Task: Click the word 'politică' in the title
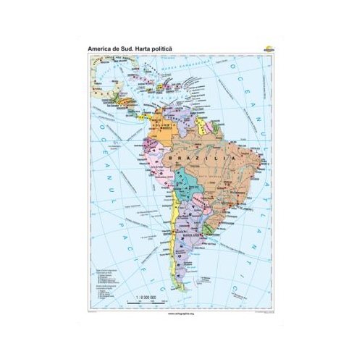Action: coord(161,49)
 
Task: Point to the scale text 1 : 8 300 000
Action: coord(148,293)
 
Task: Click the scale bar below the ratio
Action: coord(148,299)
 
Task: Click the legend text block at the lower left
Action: coord(109,271)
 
